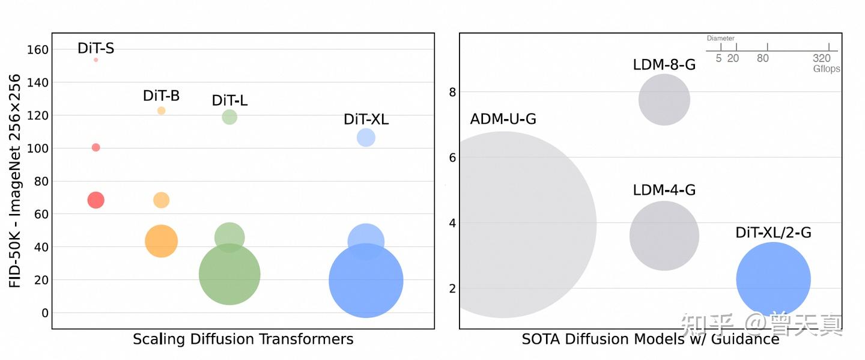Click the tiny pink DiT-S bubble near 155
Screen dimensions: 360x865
pos(96,59)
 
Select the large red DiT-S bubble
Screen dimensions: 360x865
pos(96,200)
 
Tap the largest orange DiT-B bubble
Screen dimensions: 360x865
pos(161,241)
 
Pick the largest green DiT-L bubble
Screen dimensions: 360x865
pos(229,275)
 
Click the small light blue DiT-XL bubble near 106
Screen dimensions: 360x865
pos(366,138)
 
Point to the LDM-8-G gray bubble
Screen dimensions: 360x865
pos(664,100)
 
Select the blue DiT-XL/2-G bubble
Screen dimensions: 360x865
pos(773,279)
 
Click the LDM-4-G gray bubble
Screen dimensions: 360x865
pos(664,236)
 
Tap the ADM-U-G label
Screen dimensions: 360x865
pos(503,119)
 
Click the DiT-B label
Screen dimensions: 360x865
pos(161,96)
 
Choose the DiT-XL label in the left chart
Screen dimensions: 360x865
pos(366,119)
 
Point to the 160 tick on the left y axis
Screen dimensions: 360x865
pos(37,49)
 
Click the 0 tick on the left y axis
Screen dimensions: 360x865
pos(44,313)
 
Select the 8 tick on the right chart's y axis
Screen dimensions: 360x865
pos(452,92)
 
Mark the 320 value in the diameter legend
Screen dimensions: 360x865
pos(821,58)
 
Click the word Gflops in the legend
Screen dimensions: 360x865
pos(827,69)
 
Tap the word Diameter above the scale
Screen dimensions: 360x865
pos(720,38)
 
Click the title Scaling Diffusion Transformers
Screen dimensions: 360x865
pos(243,339)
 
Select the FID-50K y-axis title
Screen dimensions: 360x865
pos(15,180)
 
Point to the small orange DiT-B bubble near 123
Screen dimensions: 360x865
pos(161,111)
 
